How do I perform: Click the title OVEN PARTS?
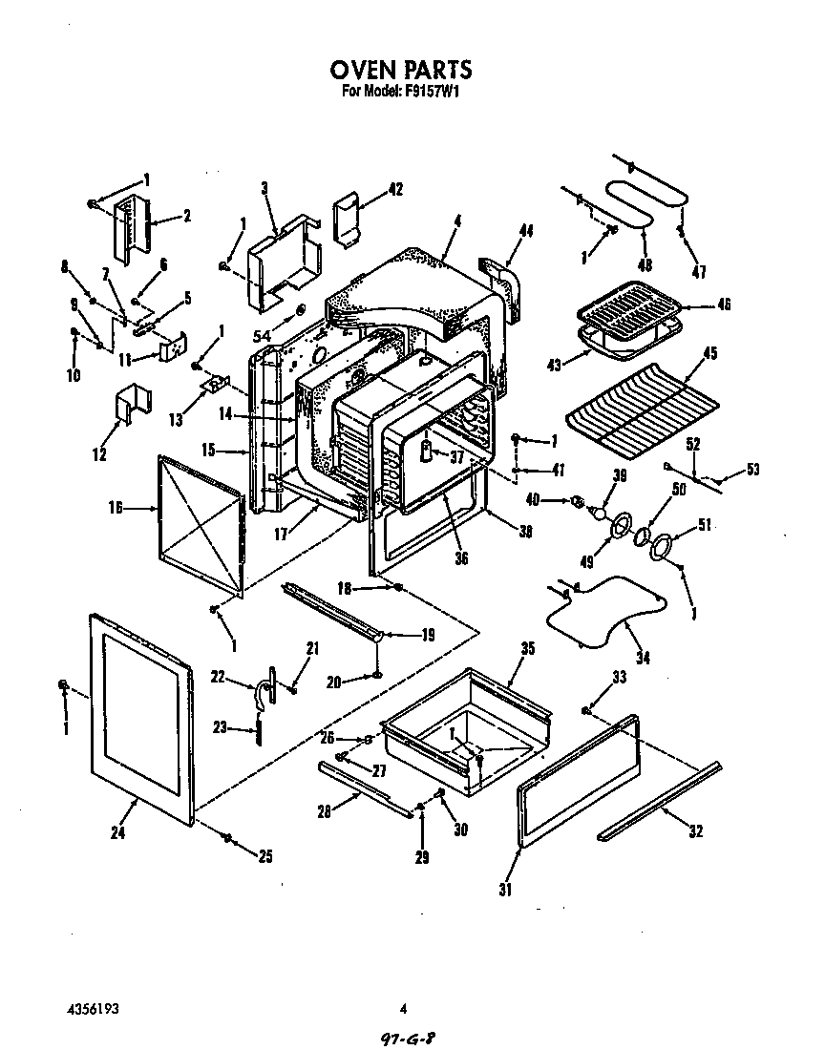(x=401, y=70)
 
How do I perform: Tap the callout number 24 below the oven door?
(x=117, y=832)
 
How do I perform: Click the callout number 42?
(x=395, y=190)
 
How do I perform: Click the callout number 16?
(x=116, y=509)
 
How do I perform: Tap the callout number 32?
(x=695, y=831)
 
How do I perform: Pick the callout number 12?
(x=99, y=455)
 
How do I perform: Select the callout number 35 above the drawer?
(x=501, y=648)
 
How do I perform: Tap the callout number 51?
(x=706, y=523)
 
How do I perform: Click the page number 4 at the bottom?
(x=404, y=1008)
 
